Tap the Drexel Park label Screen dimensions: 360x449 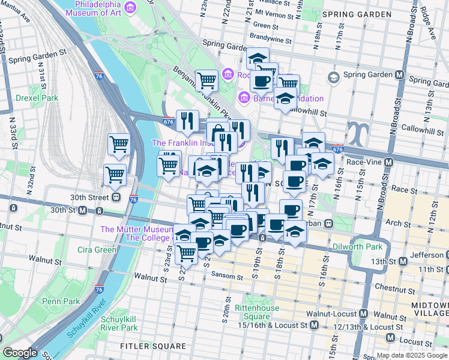pos(37,98)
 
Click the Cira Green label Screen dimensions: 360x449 pos(97,250)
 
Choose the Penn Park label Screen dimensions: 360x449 pos(61,301)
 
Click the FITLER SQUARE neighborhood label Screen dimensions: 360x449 pos(152,346)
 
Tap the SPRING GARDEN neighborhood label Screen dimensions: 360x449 pos(353,14)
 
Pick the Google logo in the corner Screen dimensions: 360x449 pos(19,353)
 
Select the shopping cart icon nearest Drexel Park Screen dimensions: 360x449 pos(119,144)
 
